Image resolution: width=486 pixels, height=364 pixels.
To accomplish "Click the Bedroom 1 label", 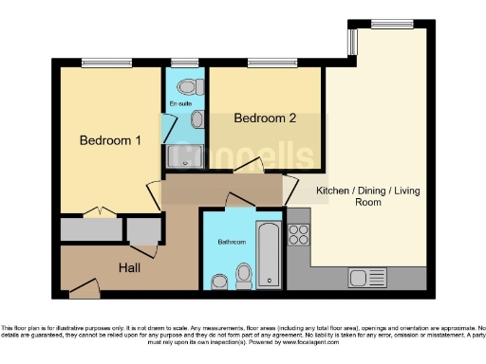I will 110,140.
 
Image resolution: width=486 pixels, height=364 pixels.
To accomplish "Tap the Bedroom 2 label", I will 266,118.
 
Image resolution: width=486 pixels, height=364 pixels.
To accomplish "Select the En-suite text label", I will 180,102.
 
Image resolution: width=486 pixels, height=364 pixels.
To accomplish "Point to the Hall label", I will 130,268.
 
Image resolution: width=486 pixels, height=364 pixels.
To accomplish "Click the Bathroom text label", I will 231,243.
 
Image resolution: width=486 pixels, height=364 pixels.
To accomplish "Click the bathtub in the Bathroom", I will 269,254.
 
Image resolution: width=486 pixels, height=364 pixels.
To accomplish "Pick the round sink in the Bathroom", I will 220,281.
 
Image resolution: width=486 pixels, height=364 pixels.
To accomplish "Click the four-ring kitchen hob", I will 298,235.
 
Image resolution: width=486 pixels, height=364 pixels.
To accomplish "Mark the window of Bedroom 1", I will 105,64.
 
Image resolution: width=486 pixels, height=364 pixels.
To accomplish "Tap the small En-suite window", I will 186,64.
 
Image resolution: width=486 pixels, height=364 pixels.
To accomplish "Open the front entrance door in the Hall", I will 84,284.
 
